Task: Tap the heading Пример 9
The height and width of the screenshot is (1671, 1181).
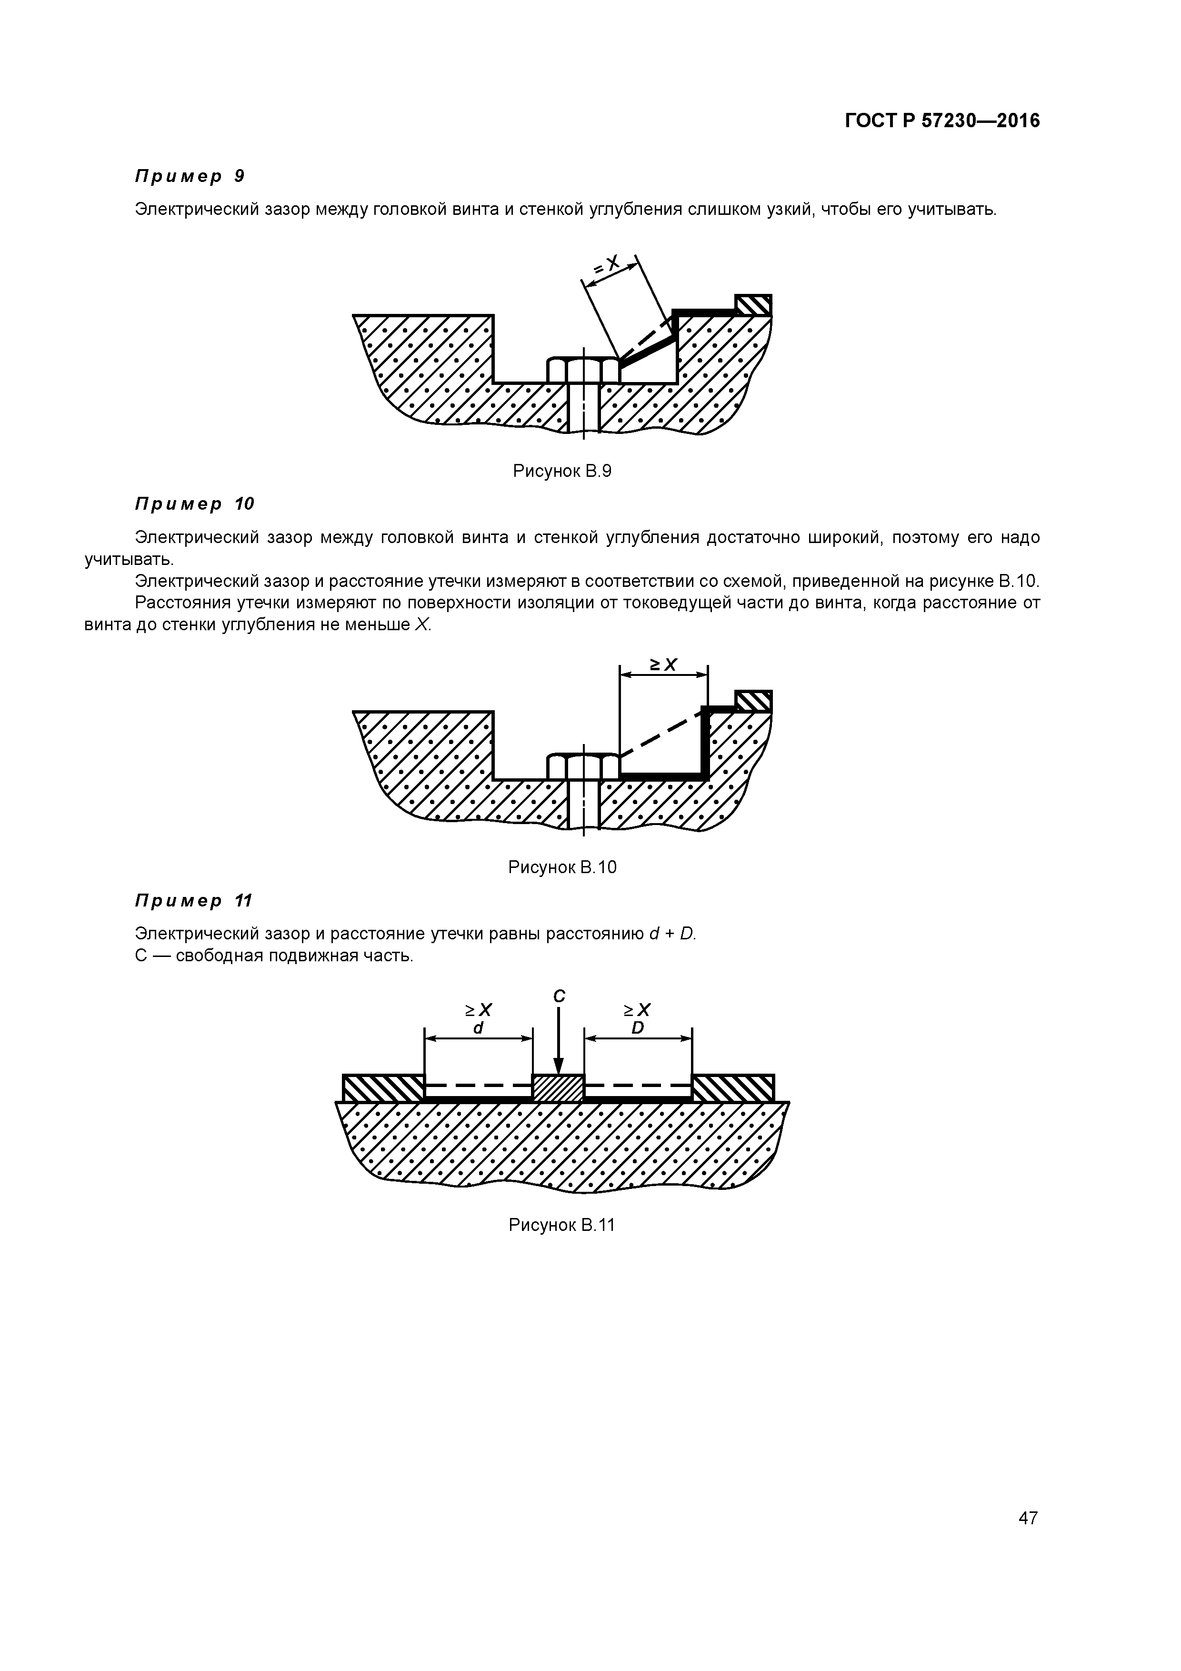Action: point(190,176)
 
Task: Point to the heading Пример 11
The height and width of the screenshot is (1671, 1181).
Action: point(193,901)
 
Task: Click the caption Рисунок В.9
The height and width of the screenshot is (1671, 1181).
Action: point(562,471)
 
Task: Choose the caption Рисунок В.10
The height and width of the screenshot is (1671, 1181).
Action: point(562,867)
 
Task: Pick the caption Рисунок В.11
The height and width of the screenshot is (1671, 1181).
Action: point(562,1225)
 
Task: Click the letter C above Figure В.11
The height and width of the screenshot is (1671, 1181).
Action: point(559,996)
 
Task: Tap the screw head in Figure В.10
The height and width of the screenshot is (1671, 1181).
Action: point(583,766)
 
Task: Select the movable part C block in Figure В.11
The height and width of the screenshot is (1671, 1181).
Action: point(558,1088)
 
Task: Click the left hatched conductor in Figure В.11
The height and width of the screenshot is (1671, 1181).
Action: point(383,1088)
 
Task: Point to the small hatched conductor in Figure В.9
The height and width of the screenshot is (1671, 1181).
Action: point(753,304)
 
